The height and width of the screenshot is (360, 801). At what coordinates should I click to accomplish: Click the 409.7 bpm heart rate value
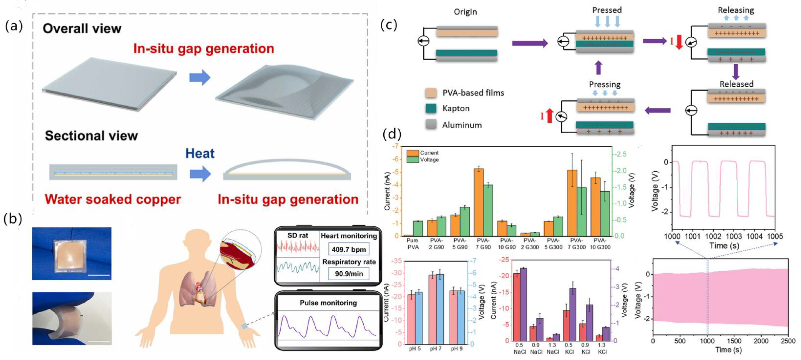pos(349,249)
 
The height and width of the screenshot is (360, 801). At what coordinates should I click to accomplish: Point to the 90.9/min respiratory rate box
pos(349,273)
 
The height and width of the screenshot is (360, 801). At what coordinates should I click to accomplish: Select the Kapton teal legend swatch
pos(431,108)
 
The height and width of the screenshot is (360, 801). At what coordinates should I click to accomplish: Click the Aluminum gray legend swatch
pos(431,125)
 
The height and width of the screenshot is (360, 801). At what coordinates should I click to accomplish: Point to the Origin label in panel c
pos(465,12)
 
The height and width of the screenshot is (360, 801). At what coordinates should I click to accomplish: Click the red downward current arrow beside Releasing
pos(679,42)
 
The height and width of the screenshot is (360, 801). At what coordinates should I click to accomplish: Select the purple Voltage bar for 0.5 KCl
pos(572,314)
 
